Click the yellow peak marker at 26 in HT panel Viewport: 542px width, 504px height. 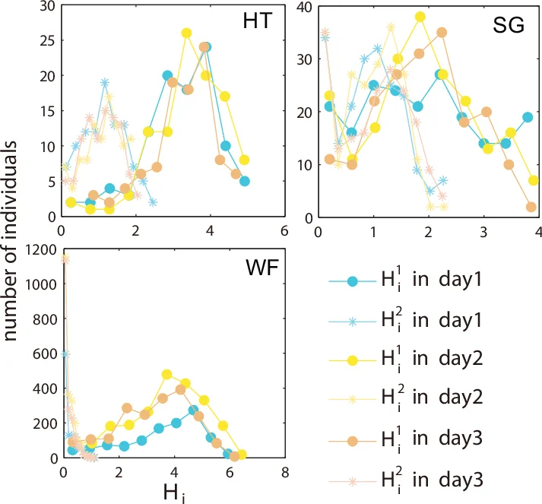186,33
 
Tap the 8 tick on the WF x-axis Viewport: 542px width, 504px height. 285,471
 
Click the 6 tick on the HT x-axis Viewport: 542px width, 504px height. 284,229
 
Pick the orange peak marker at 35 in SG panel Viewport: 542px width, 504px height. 442,33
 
